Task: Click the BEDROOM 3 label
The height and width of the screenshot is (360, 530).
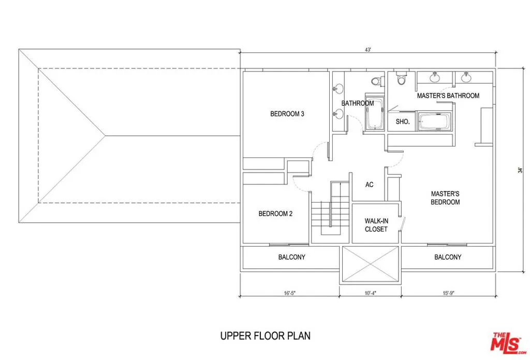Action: pos(287,114)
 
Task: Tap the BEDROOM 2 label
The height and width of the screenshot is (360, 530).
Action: pos(275,214)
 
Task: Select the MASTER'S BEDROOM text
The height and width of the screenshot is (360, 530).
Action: pos(445,198)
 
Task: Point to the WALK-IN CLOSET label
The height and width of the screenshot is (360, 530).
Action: pos(376,225)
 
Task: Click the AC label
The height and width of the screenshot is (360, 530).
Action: pos(370,185)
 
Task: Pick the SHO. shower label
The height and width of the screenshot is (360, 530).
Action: pos(403,122)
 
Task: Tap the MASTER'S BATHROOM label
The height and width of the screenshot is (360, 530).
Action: pos(448,96)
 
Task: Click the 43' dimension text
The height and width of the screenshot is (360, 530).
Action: pos(368,50)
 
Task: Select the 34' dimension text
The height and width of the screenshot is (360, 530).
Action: pos(520,170)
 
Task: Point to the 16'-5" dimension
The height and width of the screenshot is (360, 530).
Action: pos(290,293)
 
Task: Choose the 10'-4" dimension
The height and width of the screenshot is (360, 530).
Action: pos(371,293)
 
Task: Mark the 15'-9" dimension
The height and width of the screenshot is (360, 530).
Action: pos(448,293)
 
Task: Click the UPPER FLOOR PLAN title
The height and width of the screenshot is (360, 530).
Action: pos(266,336)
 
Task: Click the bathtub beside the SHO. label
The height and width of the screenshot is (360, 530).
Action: pos(435,122)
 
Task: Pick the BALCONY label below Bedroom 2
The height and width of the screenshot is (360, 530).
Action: pos(292,257)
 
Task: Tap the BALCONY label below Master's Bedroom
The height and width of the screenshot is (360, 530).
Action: pos(448,257)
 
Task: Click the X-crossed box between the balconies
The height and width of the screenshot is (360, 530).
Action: pos(371,264)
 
